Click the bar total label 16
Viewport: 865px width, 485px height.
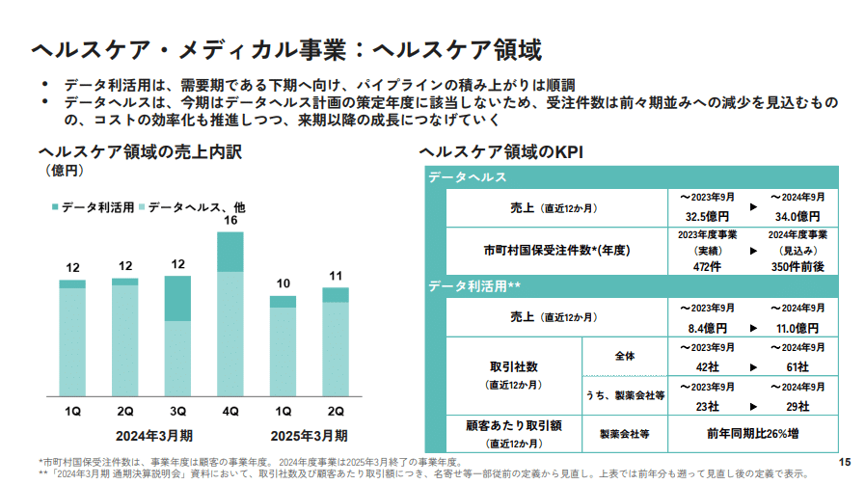(x=230, y=221)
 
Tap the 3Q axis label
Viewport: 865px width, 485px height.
(x=177, y=412)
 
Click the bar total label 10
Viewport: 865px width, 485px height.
(x=283, y=283)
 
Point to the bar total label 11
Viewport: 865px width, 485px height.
(x=336, y=276)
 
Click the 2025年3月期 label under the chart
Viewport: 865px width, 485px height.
(x=309, y=434)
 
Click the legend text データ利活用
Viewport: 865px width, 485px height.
(x=97, y=207)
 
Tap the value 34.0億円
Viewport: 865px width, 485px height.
(x=797, y=216)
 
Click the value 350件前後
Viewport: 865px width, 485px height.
(x=797, y=267)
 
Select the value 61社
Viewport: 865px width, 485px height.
(x=797, y=367)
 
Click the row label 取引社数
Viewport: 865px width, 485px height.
(x=513, y=367)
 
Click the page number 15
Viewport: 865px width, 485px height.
(x=846, y=462)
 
